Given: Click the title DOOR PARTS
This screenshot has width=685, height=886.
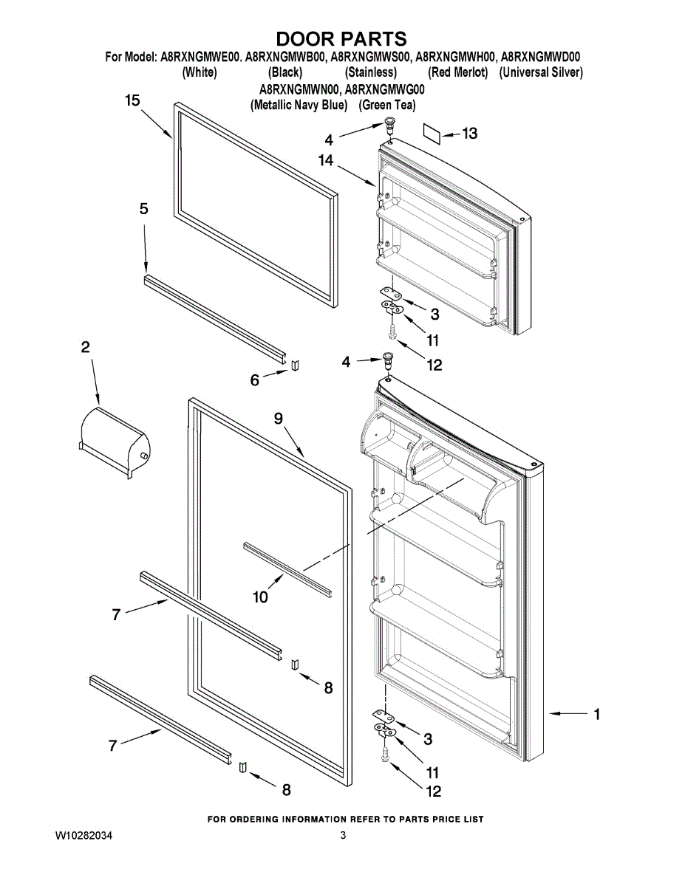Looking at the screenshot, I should (341, 38).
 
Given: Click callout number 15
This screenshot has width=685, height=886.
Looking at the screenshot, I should (132, 101).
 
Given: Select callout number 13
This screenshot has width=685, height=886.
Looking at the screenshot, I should (469, 133).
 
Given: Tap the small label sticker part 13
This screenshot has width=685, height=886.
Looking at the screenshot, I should (432, 133).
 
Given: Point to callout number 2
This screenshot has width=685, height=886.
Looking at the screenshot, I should (86, 346).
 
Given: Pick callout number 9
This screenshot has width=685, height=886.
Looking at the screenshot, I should (279, 419).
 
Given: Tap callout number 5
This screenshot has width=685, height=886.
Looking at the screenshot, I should (144, 209).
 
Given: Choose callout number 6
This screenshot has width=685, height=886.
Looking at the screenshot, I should (255, 380).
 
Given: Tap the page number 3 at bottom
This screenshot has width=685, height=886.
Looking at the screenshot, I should (343, 836).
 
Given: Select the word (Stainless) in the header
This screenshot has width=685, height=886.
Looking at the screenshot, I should (371, 72).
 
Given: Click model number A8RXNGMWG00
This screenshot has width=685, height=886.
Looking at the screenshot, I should (385, 89).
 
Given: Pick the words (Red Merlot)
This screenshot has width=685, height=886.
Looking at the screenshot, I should (458, 72).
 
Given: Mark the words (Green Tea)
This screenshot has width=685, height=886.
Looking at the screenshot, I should (388, 105).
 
